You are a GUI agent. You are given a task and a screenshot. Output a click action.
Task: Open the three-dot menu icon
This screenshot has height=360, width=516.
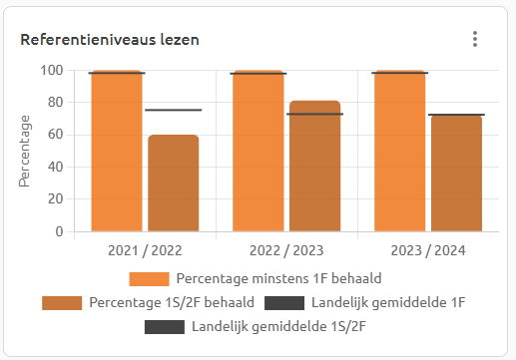point(475,39)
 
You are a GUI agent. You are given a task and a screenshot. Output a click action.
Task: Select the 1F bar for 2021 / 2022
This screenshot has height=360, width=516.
point(116,152)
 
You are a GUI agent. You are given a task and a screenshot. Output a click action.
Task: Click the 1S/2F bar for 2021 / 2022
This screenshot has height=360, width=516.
point(173,183)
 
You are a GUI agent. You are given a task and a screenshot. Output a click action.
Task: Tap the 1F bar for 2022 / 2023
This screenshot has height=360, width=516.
point(258,152)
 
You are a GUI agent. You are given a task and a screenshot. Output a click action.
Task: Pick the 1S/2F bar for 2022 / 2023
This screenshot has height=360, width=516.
point(314,167)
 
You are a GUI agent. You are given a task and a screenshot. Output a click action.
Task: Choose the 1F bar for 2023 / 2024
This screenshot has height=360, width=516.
point(399,152)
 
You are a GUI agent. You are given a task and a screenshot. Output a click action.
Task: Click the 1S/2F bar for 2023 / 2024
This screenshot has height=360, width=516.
point(456,174)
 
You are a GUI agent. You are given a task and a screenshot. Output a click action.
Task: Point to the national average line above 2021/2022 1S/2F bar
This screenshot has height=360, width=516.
point(173,110)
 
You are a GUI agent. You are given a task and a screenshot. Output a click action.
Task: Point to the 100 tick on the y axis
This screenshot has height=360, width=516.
point(51,70)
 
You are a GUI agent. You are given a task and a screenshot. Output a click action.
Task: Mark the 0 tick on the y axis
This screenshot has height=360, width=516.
point(59,231)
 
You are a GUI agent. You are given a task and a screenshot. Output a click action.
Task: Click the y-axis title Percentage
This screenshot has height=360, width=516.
point(25,151)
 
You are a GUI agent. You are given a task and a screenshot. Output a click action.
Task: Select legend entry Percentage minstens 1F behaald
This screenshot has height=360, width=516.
point(256,277)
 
